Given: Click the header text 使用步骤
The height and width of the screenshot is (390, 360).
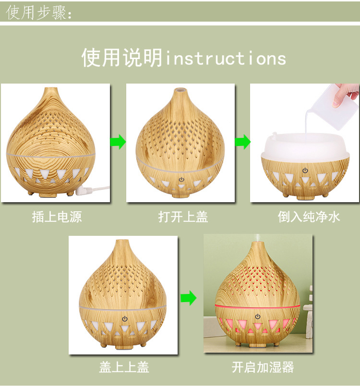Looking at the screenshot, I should click(x=38, y=12).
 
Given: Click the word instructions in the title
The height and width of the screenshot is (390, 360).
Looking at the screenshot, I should click(x=226, y=59).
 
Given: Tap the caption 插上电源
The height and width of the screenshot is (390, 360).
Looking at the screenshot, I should click(x=57, y=217).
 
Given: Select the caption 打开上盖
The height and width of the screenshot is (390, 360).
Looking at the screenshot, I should click(x=183, y=217).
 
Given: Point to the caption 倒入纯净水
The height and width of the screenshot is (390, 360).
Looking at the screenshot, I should click(x=309, y=217).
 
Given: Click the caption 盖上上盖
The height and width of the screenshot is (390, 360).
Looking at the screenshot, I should click(x=124, y=367).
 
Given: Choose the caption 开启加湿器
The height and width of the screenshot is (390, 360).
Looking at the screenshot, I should click(x=263, y=367).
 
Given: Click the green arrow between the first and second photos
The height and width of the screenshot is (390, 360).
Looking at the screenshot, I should click(x=118, y=142).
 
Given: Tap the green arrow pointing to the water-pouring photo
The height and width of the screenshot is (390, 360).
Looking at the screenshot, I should click(x=242, y=142).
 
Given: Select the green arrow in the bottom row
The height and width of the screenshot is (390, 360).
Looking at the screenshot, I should click(x=189, y=298).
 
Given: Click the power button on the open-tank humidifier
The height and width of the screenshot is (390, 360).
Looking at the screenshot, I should click(x=305, y=171).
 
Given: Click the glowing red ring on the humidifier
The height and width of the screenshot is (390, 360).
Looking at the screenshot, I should click(x=258, y=306).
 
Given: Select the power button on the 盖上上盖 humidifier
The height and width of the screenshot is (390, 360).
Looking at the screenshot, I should click(x=125, y=318).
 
